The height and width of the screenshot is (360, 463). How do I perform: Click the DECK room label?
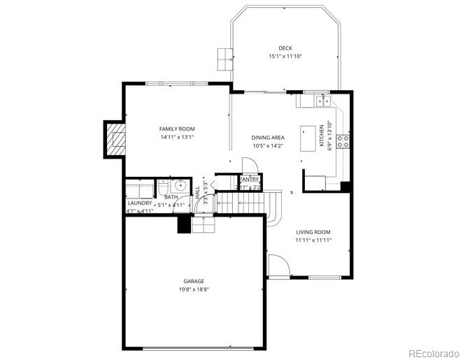285,48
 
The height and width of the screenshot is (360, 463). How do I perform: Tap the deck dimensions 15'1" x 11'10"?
285,57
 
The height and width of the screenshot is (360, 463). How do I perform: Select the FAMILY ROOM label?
177,129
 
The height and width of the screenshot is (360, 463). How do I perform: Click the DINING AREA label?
268,138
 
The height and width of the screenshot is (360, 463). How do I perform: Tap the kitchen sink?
322,101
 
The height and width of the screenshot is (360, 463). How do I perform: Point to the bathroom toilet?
162,187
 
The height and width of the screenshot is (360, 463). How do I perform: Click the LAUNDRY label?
140,203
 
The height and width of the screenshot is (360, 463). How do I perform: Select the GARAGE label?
194,281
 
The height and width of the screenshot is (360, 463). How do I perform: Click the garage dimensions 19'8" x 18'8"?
194,289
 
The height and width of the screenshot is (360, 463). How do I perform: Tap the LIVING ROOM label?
313,232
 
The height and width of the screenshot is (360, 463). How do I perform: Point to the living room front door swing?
277,267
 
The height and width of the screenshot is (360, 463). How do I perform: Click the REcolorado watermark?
434,352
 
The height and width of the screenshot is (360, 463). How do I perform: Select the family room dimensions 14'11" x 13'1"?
177,138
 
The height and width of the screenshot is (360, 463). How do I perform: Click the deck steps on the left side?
225,59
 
